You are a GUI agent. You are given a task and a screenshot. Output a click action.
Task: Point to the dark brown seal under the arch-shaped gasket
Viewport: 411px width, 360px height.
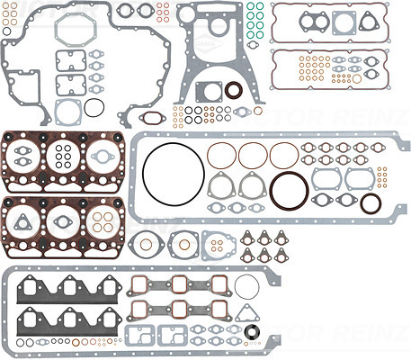tap(233, 89)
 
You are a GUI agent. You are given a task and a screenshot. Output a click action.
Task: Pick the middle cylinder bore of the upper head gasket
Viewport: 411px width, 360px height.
tap(63, 158)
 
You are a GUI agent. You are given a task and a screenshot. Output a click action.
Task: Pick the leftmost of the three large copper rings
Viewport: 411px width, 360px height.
tap(219, 154)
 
